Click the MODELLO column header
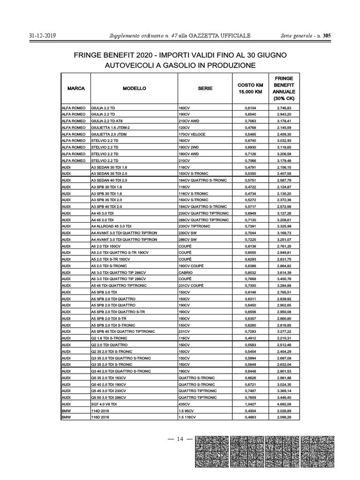click(135, 88)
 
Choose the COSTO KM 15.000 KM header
click(250, 88)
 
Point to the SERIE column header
click(205, 88)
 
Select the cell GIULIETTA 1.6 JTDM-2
click(110, 127)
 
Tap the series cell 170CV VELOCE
click(193, 134)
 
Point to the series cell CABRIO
click(186, 272)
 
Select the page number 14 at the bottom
click(180, 439)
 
